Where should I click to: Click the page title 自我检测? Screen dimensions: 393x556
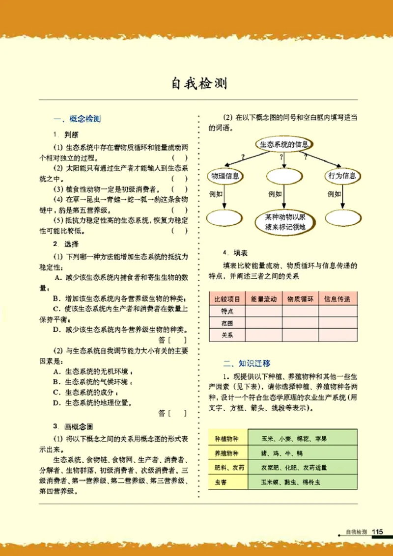click(x=199, y=83)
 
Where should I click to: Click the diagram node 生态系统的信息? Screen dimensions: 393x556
click(x=283, y=144)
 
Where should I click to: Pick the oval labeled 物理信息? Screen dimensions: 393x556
click(x=225, y=176)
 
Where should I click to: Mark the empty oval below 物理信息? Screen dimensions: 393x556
click(x=224, y=217)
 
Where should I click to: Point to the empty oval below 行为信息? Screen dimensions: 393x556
click(x=341, y=217)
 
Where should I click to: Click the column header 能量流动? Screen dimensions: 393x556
click(x=264, y=298)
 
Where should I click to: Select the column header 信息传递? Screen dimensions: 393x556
click(x=337, y=298)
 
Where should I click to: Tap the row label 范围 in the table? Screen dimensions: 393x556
click(x=227, y=323)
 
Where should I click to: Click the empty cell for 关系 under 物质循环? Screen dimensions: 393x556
click(x=300, y=336)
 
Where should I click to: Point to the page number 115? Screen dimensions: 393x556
click(x=377, y=531)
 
